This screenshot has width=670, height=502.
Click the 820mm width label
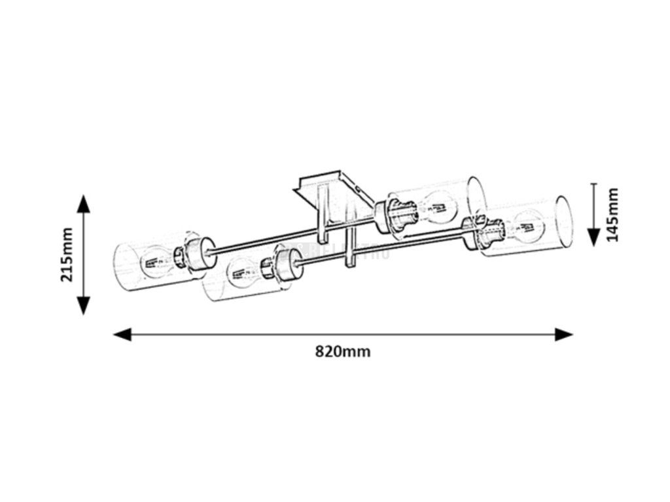343,352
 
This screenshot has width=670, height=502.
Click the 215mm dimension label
67,254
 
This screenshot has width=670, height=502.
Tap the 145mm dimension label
612,215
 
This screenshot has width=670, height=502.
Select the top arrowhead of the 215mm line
83,204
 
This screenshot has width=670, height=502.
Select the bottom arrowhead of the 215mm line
83,305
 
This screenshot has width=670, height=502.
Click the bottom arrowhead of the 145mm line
593,237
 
